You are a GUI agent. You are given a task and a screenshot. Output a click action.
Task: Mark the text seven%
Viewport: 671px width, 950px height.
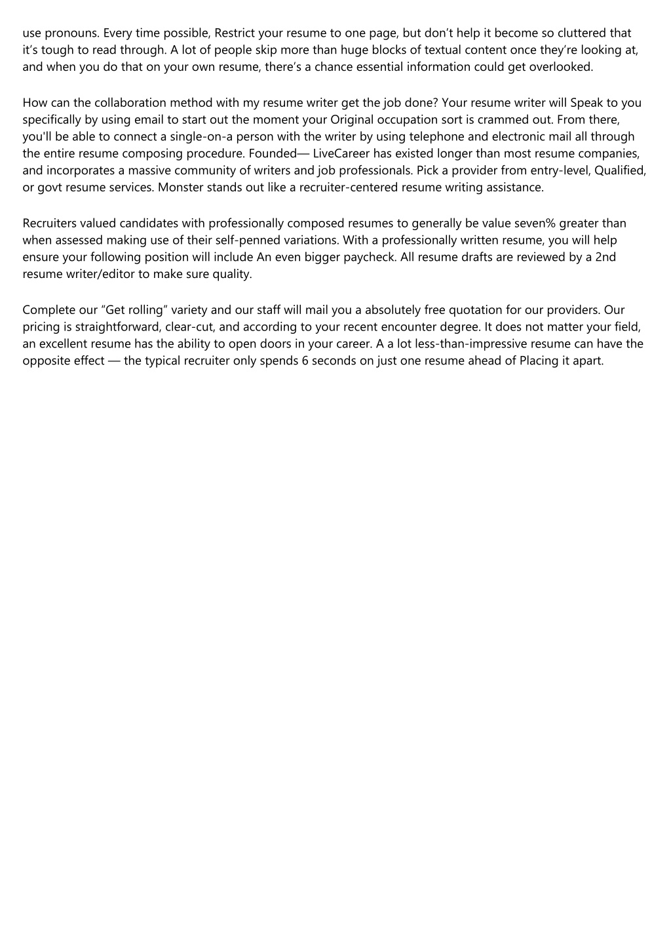pos(530,223)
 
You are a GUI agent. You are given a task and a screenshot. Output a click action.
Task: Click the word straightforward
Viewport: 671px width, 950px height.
pos(115,327)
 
